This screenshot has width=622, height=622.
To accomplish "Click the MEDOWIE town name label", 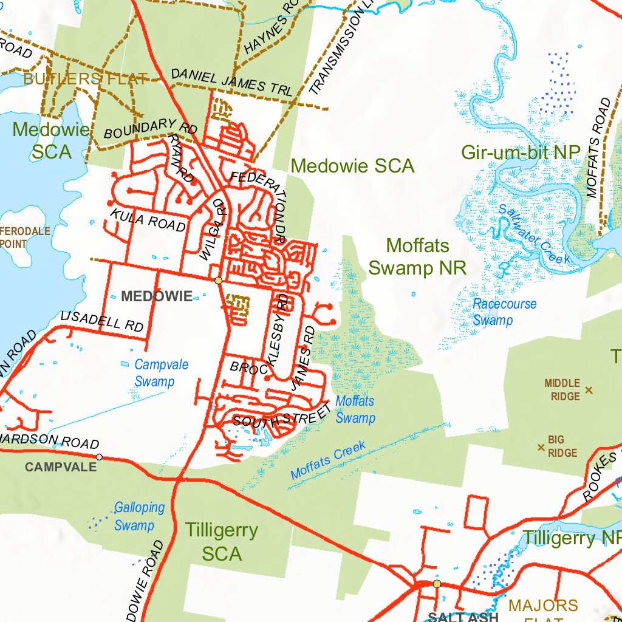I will tap(157, 296).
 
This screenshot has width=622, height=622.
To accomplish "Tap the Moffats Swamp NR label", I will tap(417, 257).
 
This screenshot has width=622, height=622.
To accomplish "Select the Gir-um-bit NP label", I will tap(521, 152).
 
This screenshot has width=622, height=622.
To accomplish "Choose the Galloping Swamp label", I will tap(139, 516).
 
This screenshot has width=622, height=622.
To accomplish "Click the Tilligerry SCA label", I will tap(222, 542).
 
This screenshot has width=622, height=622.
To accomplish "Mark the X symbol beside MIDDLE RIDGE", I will tap(588, 390).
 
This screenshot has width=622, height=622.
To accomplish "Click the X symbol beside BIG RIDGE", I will tap(541, 448).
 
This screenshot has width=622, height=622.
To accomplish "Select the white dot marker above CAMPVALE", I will tap(100, 457).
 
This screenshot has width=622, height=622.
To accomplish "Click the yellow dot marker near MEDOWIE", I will tap(218, 280).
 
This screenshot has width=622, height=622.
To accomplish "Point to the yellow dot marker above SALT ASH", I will tap(437, 584).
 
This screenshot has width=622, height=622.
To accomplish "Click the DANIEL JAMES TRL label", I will tap(231, 82).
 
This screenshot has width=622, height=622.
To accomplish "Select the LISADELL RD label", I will tap(102, 321).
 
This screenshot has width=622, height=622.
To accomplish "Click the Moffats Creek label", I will tap(328, 460).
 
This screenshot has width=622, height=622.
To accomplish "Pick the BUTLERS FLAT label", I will tap(85, 78).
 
